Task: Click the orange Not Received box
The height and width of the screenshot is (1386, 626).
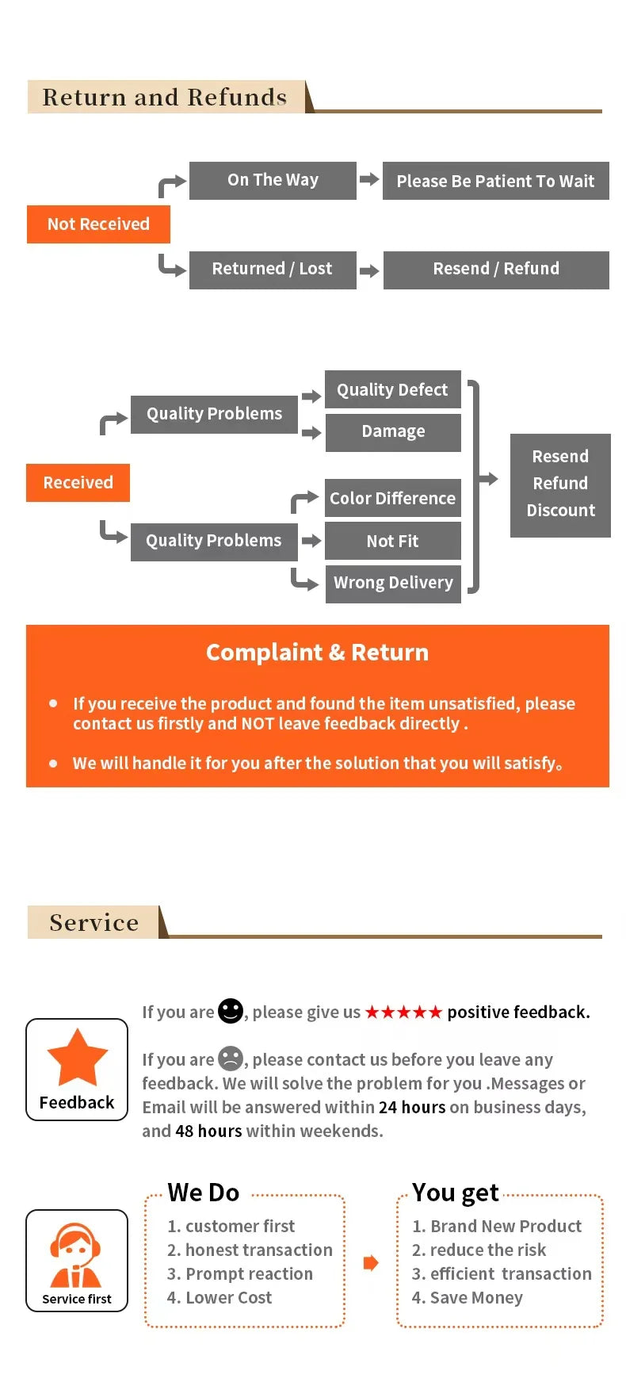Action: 98,224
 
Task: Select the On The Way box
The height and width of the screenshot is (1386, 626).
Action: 273,181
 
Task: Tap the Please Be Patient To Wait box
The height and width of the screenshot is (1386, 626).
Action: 495,182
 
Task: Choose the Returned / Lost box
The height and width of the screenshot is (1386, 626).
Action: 272,270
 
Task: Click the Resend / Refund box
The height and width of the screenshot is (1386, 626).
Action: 496,270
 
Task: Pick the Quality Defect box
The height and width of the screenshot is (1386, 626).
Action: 392,390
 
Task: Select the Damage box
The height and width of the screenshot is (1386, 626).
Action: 393,432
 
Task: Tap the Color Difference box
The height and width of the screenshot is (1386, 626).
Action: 392,499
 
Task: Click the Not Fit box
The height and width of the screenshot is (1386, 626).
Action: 392,542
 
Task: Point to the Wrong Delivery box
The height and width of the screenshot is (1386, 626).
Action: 393,584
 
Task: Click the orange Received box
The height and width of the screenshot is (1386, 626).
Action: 78,483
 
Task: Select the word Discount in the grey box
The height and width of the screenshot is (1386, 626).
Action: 560,511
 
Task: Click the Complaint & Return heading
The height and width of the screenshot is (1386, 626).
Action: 317,653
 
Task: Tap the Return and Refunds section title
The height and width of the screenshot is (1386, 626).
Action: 165,98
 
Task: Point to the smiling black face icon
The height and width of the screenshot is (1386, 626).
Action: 231,1011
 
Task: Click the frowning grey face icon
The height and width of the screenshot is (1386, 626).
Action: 231,1059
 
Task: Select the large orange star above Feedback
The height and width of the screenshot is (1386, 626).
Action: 77,1058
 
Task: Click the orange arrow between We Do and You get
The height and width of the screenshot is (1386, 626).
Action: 370,1263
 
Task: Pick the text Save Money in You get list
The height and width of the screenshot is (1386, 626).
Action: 476,1298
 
